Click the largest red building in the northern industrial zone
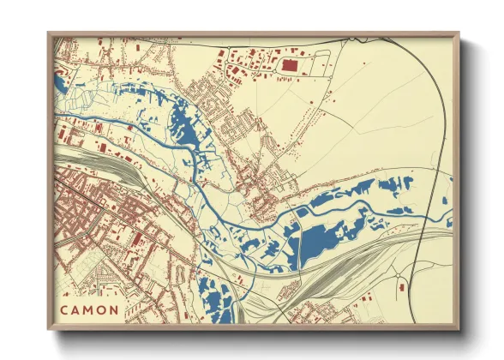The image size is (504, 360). tap(289, 65)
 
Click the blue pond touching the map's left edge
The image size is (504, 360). tap(59, 83)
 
